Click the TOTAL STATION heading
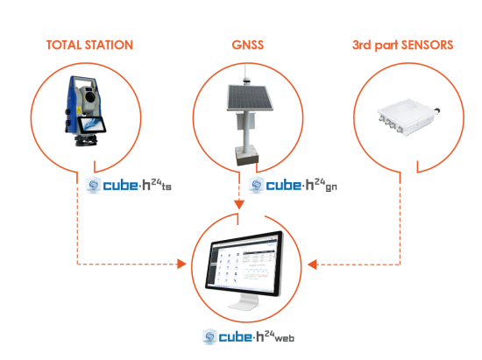point(89,46)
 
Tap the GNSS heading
point(248,46)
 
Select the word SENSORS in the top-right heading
point(427,46)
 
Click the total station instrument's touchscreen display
point(92,125)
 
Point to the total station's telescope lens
point(90,97)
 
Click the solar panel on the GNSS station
point(249,98)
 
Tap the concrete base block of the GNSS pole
point(247,156)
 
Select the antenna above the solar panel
point(245,75)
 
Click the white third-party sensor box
point(407,117)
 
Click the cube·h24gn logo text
point(301,185)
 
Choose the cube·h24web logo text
point(257,336)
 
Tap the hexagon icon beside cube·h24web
point(209,336)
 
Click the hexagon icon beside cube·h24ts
point(94,185)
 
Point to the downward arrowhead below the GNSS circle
point(239,205)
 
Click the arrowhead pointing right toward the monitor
point(181,264)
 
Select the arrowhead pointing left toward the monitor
point(312,265)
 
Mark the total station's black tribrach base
point(87,140)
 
